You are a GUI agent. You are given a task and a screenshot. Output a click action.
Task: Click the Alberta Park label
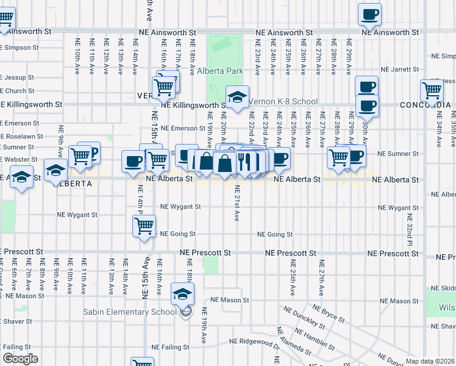220,71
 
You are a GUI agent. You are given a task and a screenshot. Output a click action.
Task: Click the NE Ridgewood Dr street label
254,342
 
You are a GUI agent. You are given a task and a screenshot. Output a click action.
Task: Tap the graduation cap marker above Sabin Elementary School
182,294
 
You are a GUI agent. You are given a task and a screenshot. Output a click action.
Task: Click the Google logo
20,359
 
